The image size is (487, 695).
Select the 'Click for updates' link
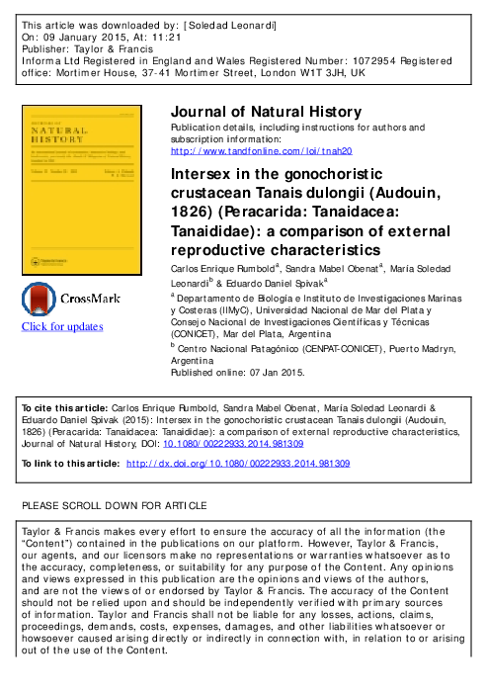[62, 326]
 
